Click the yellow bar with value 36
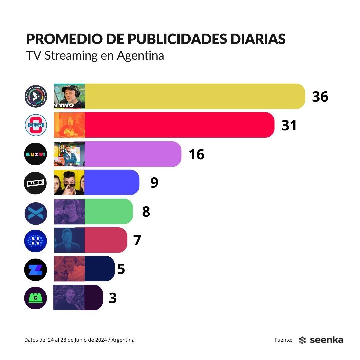[195, 96]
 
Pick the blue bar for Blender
[112, 182]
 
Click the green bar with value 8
[109, 211]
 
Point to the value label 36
[320, 97]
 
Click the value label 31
[289, 125]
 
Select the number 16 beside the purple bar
[196, 154]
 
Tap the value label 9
[154, 183]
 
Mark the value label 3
[113, 298]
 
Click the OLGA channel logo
[36, 125]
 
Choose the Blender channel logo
[36, 183]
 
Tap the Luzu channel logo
[36, 154]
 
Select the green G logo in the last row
[36, 298]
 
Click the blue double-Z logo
[36, 269]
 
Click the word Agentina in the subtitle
[140, 55]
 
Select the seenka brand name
[326, 340]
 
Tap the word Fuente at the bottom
[283, 340]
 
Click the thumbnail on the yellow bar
[69, 96]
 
